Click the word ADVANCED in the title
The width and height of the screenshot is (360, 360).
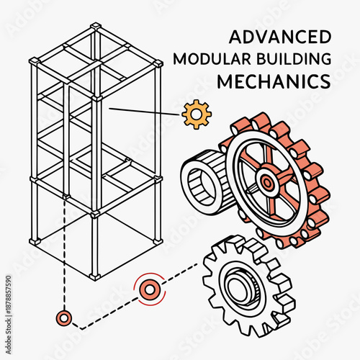tap(279, 37)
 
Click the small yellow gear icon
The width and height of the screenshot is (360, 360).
tap(197, 114)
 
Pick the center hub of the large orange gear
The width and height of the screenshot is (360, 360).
tap(267, 183)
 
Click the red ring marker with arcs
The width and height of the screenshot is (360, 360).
tap(150, 289)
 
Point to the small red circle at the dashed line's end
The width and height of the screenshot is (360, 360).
tap(64, 317)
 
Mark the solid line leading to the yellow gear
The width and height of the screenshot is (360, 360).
tap(144, 111)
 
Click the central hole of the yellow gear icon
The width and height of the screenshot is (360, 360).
tap(197, 114)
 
